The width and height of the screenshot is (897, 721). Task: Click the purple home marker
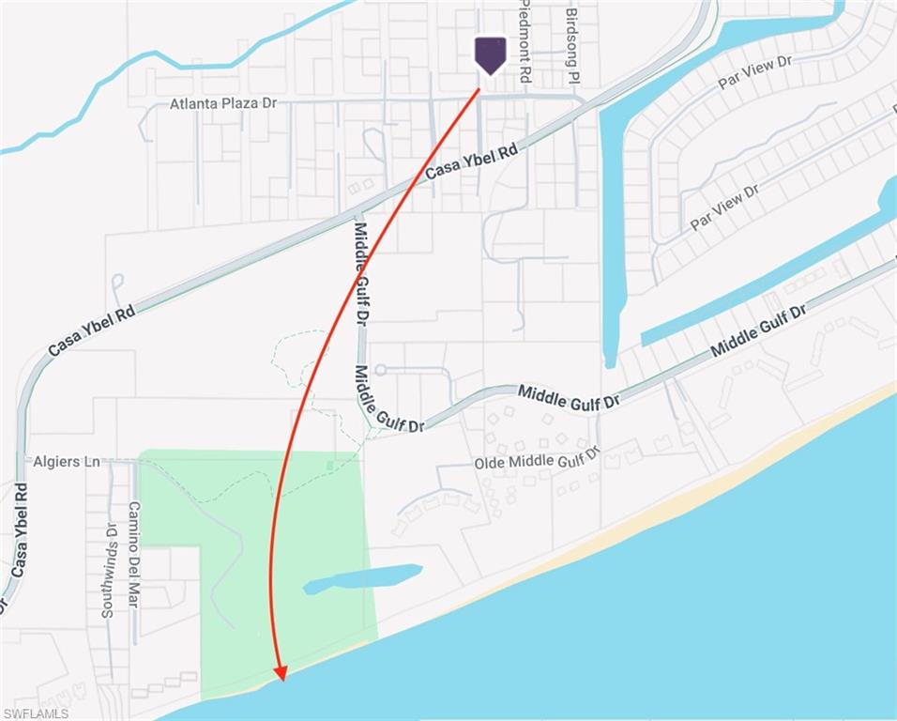click(490, 54)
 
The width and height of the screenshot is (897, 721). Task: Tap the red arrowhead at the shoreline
click(279, 671)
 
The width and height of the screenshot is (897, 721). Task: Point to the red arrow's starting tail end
click(479, 90)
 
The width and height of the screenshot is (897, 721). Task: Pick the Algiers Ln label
click(66, 462)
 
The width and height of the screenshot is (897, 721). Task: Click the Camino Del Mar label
click(133, 554)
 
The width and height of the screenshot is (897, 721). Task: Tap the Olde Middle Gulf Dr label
click(537, 461)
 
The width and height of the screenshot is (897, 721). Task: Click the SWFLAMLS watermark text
click(35, 713)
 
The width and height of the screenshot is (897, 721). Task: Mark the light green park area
click(281, 545)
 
